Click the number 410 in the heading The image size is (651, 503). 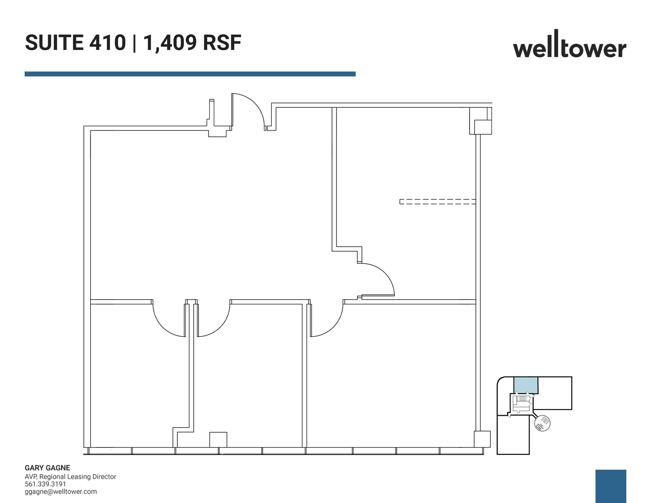(107, 43)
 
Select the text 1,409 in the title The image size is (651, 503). (170, 43)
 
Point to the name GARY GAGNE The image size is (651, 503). (47, 468)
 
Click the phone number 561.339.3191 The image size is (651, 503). (45, 484)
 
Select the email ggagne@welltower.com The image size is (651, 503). (61, 492)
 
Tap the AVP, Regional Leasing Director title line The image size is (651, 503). (71, 477)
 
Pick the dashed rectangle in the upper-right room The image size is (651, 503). (437, 201)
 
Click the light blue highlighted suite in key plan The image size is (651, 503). (526, 385)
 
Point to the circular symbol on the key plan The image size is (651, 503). (543, 423)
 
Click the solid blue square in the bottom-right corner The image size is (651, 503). (611, 486)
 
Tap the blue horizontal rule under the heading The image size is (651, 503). (190, 74)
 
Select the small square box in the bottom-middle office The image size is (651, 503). (218, 439)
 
